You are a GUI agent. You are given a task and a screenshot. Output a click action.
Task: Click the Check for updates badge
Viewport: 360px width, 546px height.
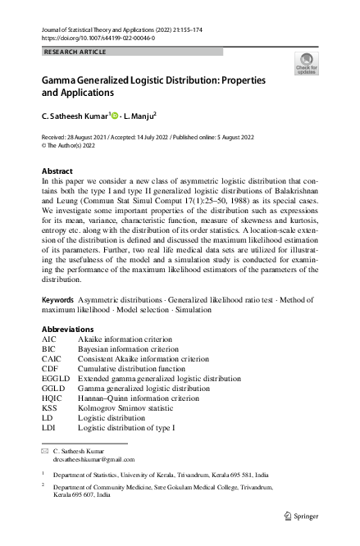pyautogui.click(x=308, y=63)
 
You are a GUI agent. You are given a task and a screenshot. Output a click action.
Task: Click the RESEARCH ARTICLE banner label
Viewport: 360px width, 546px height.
pyautogui.click(x=74, y=52)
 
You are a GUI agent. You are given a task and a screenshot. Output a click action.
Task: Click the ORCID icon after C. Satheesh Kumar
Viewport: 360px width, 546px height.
pyautogui.click(x=115, y=116)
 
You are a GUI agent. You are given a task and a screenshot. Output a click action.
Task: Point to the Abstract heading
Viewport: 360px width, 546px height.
pyautogui.click(x=57, y=171)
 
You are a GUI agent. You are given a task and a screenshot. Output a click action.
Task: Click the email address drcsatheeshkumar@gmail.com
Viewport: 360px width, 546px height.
pyautogui.click(x=93, y=460)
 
